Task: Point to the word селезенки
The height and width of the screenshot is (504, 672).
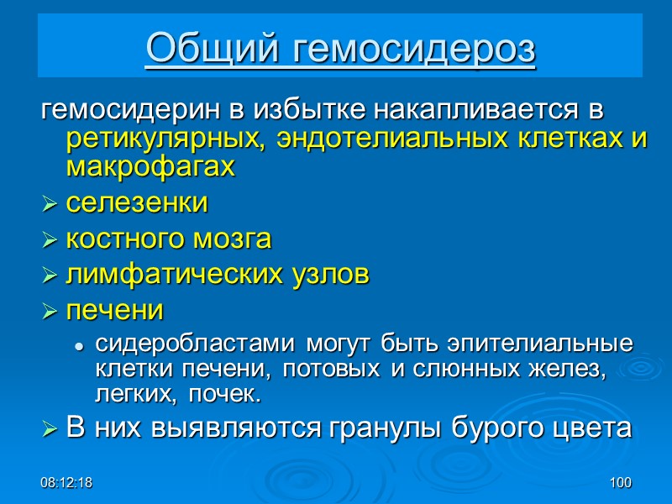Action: [x=136, y=203]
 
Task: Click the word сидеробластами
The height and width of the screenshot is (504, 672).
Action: [x=195, y=344]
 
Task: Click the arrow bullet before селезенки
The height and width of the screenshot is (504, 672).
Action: [x=50, y=204]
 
